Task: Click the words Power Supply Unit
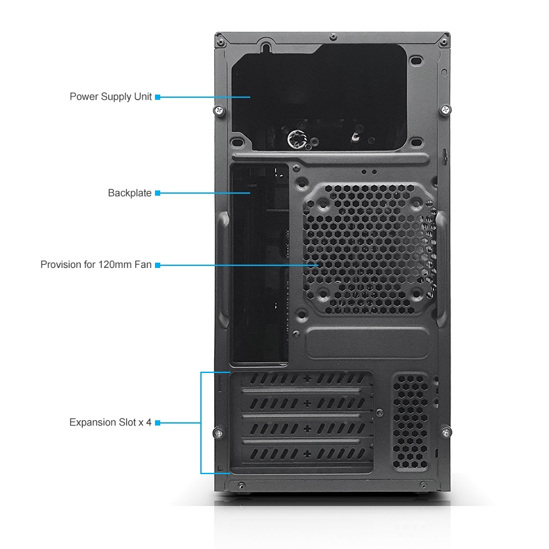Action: point(110,97)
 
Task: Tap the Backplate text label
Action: point(129,193)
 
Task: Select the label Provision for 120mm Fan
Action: point(96,265)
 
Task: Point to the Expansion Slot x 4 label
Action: point(110,422)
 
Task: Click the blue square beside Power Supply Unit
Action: point(158,97)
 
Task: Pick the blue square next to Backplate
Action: point(158,193)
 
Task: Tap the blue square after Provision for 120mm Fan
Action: point(158,265)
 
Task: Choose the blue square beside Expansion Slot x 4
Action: point(158,422)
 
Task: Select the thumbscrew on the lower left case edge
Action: point(218,432)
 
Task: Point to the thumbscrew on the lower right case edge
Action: point(447,431)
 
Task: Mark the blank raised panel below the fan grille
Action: point(367,343)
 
